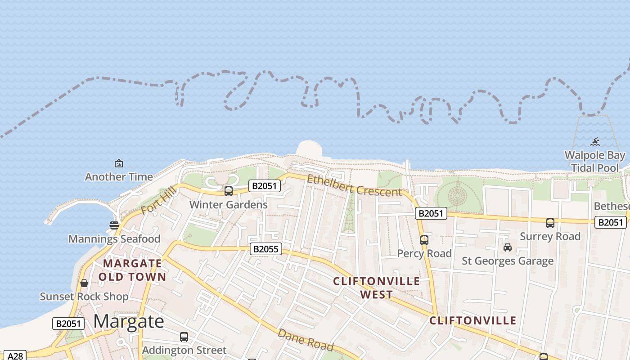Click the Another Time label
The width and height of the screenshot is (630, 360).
(119, 177)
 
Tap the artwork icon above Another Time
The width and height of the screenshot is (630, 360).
(119, 163)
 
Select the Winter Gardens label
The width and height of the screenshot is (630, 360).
(228, 205)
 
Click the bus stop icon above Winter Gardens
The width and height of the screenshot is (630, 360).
(229, 191)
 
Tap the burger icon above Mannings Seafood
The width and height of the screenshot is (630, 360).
(114, 225)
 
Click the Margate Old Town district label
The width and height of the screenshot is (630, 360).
(132, 270)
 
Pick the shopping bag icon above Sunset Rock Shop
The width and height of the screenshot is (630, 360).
(84, 283)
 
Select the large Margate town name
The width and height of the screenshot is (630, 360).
(129, 321)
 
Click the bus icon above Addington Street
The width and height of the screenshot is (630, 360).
(184, 337)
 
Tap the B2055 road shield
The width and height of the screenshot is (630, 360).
(266, 249)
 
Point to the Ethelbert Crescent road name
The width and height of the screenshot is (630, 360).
(354, 186)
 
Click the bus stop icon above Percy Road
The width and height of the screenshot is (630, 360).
(424, 240)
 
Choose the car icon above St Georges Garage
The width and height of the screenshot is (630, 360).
(508, 247)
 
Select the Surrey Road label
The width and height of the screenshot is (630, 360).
(550, 236)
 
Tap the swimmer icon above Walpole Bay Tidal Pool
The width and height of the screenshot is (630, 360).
(595, 142)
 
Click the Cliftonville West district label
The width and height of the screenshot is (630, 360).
(376, 288)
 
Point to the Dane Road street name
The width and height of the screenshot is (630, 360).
(306, 340)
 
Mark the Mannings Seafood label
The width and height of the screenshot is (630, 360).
(114, 239)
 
